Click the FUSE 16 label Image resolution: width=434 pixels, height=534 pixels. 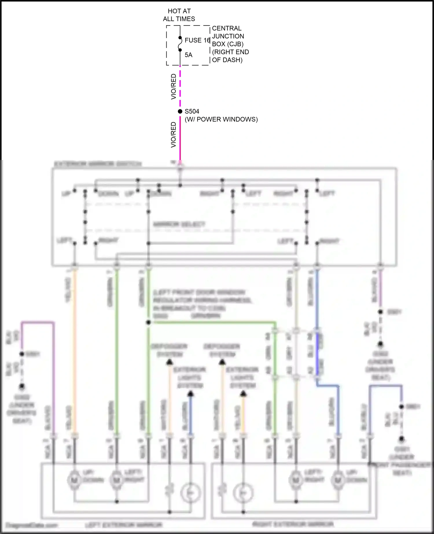click(197, 40)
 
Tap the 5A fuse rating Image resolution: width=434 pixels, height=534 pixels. click(188, 55)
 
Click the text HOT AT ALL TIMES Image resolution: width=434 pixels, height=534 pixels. click(179, 15)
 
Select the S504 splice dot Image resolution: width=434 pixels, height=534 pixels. click(180, 111)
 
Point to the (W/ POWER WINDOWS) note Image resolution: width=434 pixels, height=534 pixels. click(221, 119)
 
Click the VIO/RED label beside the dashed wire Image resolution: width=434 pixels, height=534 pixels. click(174, 86)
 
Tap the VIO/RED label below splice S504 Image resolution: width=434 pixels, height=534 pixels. click(174, 135)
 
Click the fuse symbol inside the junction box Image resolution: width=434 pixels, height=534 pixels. click(180, 44)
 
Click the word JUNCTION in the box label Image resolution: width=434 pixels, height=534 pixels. click(228, 36)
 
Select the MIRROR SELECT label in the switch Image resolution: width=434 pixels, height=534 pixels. click(179, 224)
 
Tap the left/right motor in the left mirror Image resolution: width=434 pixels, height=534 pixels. click(116, 480)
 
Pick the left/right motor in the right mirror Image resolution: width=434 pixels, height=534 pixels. click(296, 480)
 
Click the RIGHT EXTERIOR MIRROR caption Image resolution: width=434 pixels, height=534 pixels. click(293, 524)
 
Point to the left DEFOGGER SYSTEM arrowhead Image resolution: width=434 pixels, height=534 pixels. click(169, 362)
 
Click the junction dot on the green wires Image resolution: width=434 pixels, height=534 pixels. click(148, 322)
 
